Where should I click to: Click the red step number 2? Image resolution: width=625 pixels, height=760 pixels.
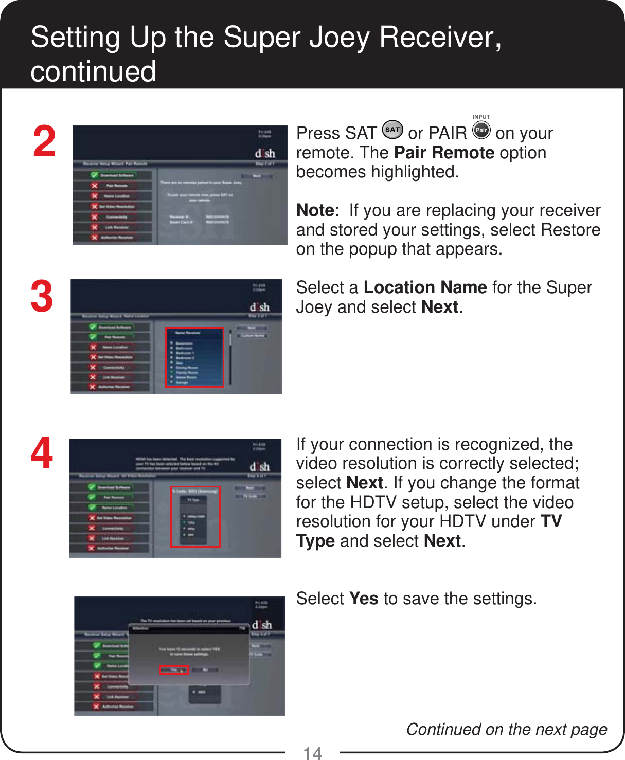click(x=44, y=142)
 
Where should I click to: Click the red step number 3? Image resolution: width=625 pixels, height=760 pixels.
click(x=42, y=297)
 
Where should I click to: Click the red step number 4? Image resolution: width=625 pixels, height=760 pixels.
click(x=42, y=454)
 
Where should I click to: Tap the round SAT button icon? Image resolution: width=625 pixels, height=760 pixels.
click(x=392, y=130)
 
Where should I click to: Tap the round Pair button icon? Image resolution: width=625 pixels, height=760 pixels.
click(x=481, y=130)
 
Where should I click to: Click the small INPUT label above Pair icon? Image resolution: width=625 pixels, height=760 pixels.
click(x=481, y=117)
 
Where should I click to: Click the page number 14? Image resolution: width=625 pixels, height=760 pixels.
click(x=312, y=753)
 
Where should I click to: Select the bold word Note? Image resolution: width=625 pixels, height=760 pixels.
click(x=315, y=210)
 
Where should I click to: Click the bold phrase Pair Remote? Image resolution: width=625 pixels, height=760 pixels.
click(x=444, y=153)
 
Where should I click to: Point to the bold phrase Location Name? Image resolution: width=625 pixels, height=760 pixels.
click(x=425, y=287)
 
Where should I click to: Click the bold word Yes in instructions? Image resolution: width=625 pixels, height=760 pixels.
click(x=364, y=599)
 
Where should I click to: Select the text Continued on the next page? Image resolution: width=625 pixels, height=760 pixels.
click(x=506, y=729)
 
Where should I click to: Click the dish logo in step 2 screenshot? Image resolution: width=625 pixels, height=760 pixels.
click(x=265, y=153)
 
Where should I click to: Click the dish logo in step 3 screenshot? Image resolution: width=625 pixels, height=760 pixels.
click(x=260, y=307)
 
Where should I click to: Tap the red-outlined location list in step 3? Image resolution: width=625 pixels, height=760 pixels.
click(x=194, y=357)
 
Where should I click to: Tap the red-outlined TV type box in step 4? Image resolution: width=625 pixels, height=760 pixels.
click(x=195, y=517)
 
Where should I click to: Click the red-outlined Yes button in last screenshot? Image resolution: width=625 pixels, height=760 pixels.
click(x=174, y=670)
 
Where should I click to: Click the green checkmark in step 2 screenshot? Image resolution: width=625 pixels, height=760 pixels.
click(x=95, y=175)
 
